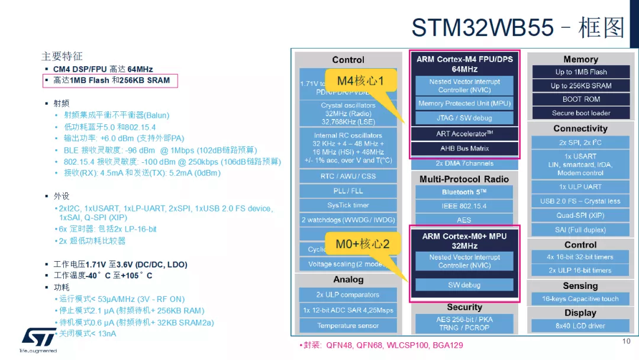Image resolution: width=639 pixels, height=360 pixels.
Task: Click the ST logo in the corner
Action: (39, 337)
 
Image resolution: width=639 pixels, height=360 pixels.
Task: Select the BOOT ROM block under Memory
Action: (581, 99)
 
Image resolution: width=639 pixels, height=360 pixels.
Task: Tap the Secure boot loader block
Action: (581, 113)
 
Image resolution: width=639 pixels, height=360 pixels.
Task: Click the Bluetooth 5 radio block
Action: (464, 192)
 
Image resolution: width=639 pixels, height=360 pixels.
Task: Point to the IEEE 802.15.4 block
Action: (464, 206)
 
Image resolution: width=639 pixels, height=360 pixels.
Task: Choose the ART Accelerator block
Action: (464, 134)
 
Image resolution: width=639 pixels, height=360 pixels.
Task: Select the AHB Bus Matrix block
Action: (464, 149)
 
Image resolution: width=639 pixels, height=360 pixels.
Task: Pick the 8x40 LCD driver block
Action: (580, 326)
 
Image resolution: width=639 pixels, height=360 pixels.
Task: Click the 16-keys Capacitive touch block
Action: (580, 299)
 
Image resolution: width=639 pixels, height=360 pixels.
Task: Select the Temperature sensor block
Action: (348, 326)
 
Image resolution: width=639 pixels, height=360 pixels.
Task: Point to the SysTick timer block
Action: (348, 205)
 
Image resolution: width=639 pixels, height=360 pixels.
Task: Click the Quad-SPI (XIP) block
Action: (580, 216)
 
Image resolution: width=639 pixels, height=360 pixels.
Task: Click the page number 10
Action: (627, 342)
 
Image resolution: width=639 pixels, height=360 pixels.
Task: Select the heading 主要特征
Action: (62, 56)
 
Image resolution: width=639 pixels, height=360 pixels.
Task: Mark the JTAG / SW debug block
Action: (464, 118)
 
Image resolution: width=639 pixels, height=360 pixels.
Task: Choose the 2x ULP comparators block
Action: (348, 295)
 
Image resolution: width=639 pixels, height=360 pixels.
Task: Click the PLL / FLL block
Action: (348, 191)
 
